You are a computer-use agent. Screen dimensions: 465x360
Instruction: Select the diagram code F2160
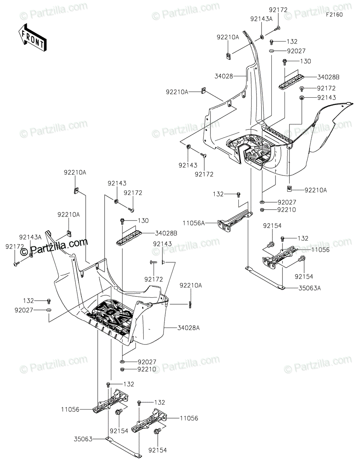(334, 14)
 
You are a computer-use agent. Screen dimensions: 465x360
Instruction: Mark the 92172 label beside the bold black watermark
(14, 246)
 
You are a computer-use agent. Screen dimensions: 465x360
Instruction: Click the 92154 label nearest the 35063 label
(119, 431)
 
